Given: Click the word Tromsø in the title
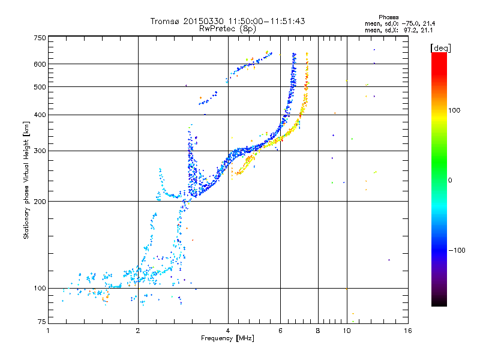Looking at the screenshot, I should click(166, 21).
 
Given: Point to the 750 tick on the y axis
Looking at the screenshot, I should click(40, 38).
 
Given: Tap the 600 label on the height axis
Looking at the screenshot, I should click(40, 64).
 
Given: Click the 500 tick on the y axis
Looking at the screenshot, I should click(40, 87).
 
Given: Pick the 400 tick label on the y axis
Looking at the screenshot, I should click(40, 115).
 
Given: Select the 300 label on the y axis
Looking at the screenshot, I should click(40, 151).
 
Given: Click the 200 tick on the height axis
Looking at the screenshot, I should click(40, 202).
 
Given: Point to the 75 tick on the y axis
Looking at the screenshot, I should click(41, 322).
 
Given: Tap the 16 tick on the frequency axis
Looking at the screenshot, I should click(407, 331).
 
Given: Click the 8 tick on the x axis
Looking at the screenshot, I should click(318, 331).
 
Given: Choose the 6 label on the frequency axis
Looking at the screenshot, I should click(280, 331).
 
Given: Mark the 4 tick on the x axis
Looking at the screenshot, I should click(228, 331).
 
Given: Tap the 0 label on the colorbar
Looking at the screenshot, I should click(449, 180).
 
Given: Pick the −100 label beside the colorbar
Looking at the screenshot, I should click(457, 250).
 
